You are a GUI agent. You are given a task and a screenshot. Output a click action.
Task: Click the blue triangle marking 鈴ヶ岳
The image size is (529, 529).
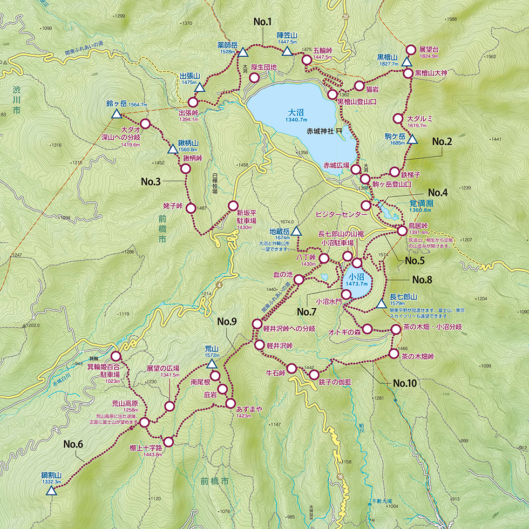[116, 114]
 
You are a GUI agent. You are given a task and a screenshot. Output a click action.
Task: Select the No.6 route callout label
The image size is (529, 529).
[73, 444]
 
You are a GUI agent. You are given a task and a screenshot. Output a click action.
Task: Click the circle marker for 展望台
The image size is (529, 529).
[410, 50]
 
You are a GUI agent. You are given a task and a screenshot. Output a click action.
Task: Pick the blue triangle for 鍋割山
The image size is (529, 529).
[51, 491]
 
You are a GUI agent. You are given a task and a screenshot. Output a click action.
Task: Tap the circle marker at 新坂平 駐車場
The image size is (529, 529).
[233, 206]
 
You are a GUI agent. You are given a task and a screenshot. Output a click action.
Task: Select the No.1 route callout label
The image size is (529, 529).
[262, 22]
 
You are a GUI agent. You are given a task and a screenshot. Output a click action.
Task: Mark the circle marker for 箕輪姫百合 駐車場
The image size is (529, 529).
[116, 356]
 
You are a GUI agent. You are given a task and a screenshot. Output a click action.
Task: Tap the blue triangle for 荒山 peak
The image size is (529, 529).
[212, 365]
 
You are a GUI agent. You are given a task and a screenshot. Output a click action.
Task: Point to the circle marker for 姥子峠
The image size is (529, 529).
[190, 207]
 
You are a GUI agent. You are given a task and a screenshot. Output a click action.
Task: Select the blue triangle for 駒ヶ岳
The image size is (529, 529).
[412, 140]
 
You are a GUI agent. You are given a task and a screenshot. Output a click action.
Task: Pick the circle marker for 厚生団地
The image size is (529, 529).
[254, 78]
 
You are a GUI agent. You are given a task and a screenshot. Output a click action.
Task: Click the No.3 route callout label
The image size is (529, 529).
[151, 182]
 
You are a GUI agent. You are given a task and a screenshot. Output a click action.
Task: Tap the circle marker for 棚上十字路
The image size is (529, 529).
[168, 442]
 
